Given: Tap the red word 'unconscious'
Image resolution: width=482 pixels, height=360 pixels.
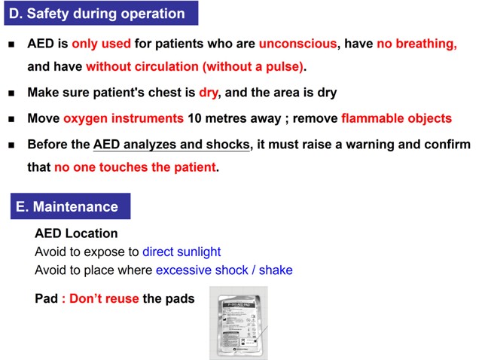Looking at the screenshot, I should click(297, 44).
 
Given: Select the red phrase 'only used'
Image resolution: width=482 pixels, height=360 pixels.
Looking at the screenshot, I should click(101, 44).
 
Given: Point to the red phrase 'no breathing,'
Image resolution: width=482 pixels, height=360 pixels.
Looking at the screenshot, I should click(416, 44).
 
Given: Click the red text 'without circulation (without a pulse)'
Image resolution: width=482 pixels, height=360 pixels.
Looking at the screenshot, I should click(194, 66).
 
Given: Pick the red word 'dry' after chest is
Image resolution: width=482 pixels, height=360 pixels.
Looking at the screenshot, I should click(208, 93).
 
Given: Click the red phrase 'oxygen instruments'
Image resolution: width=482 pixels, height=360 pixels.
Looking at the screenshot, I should click(124, 118).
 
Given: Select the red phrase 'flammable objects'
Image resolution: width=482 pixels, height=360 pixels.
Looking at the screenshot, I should click(396, 118).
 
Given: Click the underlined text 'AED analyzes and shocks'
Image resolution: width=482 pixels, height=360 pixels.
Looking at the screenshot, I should click(171, 144).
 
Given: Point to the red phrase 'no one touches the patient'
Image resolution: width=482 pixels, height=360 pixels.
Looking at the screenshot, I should click(135, 166).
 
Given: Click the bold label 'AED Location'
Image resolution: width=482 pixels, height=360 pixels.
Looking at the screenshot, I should click(76, 233).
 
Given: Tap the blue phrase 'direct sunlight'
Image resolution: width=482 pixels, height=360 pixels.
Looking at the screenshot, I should click(182, 252).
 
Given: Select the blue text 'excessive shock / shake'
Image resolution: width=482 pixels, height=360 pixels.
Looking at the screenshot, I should click(224, 270).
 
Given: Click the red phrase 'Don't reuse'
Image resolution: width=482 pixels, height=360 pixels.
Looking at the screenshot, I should click(105, 298).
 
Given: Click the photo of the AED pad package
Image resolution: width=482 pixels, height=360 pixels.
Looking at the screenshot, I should click(238, 322).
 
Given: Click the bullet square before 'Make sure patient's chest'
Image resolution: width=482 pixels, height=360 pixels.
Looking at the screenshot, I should click(11, 93).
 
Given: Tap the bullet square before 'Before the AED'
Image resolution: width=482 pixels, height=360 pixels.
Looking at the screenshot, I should click(11, 145).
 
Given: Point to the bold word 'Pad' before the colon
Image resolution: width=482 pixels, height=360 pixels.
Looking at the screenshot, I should click(46, 298).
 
